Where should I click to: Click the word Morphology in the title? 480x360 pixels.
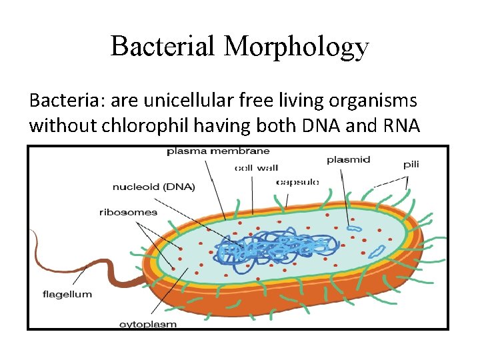(x=297, y=46)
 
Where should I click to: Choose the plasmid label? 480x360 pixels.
(x=348, y=160)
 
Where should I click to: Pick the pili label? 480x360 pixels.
(x=411, y=164)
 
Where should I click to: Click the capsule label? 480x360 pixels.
(x=297, y=181)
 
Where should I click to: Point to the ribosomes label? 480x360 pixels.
(x=128, y=213)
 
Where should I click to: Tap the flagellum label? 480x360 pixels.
(x=67, y=294)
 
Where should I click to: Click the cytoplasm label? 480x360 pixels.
(x=147, y=324)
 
